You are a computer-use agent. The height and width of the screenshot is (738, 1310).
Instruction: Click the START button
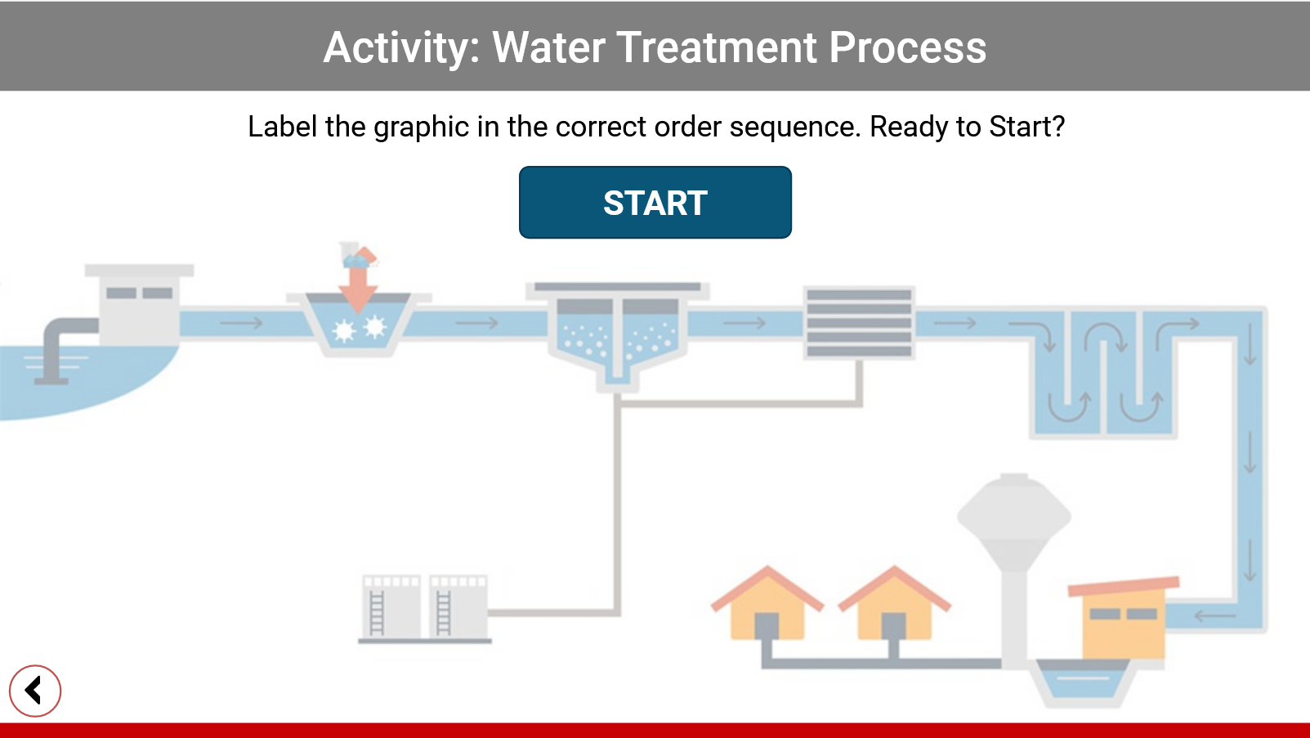[x=655, y=203]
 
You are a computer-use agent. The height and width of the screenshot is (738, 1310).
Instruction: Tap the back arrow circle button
[x=35, y=691]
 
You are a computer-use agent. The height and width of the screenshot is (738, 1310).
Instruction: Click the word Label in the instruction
[x=283, y=127]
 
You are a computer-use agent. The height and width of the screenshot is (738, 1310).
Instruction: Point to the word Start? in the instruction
[x=1027, y=127]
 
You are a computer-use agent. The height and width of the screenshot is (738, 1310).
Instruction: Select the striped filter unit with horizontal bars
[x=859, y=322]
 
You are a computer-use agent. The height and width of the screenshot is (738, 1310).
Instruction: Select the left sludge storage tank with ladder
[x=391, y=607]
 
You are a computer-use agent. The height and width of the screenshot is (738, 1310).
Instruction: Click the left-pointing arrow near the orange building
[x=1214, y=615]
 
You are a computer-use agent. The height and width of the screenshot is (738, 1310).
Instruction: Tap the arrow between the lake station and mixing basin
[x=242, y=322]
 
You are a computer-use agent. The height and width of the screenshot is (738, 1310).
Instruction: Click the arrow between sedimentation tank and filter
[x=744, y=322]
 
